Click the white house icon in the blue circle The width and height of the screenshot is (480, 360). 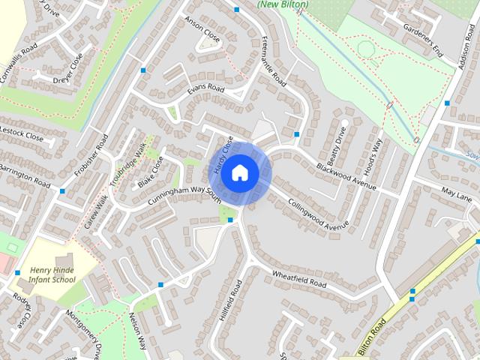[x=239, y=173]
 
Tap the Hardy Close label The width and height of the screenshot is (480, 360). [x=223, y=155]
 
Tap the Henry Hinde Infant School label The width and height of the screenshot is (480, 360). [x=52, y=274]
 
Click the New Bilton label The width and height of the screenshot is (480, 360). [x=283, y=4]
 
